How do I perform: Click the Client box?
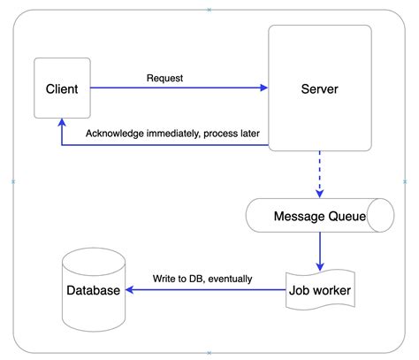point(61,88)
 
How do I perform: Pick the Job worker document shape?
point(319,289)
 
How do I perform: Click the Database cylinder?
point(93,289)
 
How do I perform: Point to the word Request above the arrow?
point(164,78)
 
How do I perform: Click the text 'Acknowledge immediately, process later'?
point(171,134)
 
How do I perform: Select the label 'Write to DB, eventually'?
point(202,279)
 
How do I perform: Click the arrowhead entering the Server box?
point(264,88)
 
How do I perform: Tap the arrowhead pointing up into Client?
point(61,124)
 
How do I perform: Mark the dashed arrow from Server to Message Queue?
point(319,172)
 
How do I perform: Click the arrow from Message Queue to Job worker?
point(319,251)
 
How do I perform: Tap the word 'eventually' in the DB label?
point(228,279)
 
